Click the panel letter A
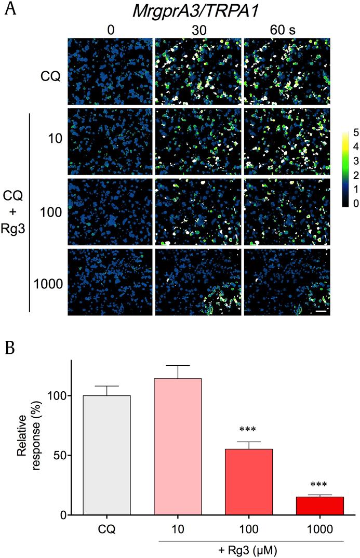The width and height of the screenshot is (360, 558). pos(9,9)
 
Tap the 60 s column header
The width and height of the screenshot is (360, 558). pos(284,30)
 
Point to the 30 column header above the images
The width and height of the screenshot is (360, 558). pos(198,30)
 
